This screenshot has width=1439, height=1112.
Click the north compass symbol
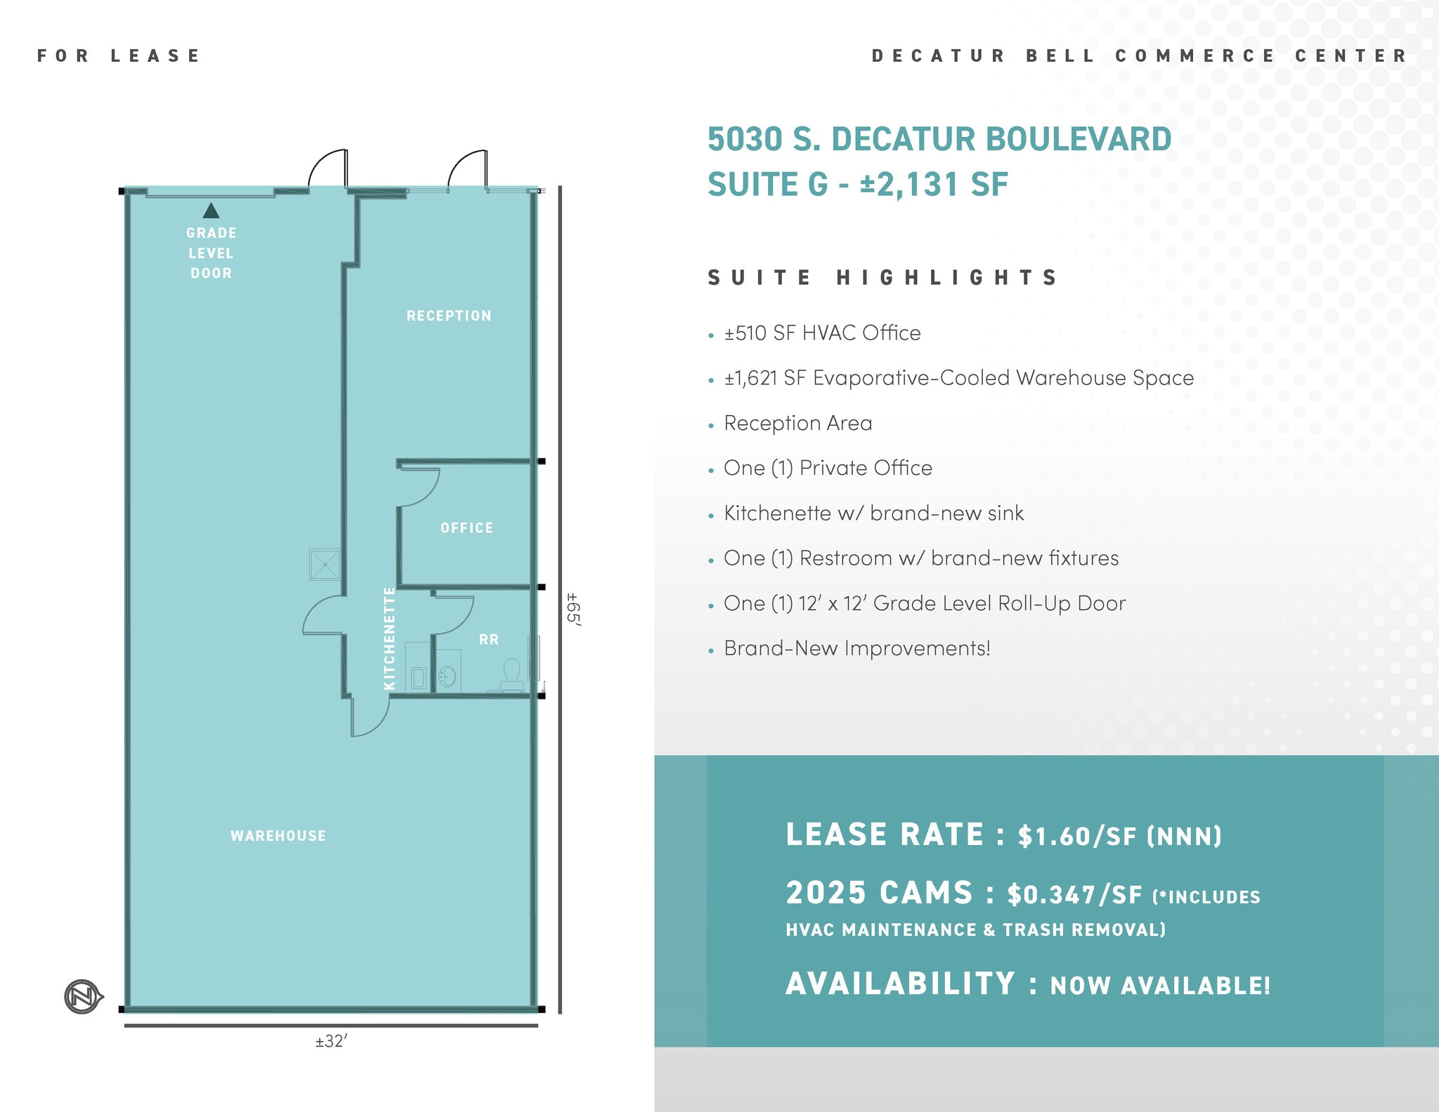coord(83,996)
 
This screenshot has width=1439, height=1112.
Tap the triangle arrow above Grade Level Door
coord(211,210)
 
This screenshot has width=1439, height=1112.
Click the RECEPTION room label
coord(449,316)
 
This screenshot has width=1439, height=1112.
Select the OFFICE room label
coord(467,528)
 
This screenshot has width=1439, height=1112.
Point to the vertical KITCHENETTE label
coord(389,639)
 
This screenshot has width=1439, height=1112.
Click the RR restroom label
coord(489,639)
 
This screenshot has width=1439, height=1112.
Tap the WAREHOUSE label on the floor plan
coord(278,836)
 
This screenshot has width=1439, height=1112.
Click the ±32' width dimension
coord(332,1041)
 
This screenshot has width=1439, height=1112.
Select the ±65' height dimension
coord(573,609)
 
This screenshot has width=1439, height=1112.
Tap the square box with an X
coord(325,564)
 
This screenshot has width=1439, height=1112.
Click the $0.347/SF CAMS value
coord(1074,894)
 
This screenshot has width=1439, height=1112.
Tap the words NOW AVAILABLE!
coord(1160,985)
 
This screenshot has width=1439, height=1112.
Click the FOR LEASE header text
coord(119,55)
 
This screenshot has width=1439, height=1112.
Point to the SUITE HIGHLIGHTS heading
coord(883,277)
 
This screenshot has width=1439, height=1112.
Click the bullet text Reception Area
coord(797,423)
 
